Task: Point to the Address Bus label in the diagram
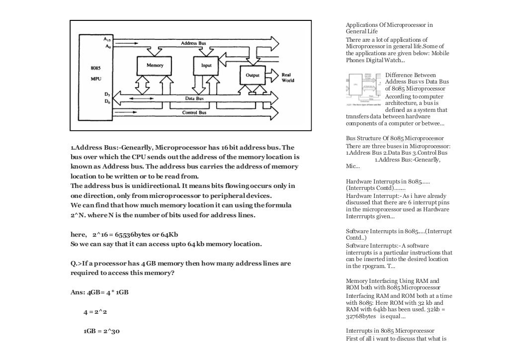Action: click(193, 44)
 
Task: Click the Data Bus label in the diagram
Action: click(194, 98)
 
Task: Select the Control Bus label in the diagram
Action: click(194, 113)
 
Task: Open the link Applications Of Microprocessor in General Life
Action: click(389, 28)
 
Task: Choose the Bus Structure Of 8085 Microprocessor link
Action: click(395, 138)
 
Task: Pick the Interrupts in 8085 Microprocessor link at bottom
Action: click(390, 331)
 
